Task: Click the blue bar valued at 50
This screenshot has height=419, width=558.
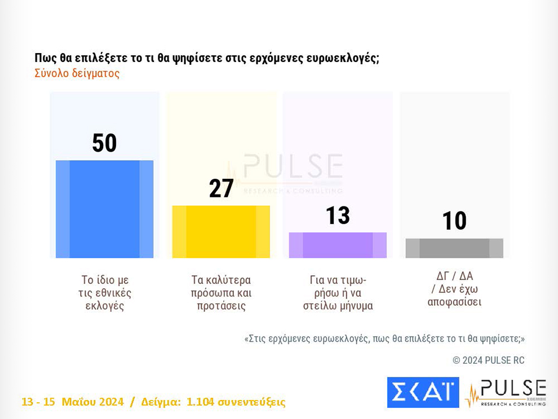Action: pyautogui.click(x=104, y=209)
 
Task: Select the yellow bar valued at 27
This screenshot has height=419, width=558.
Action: pyautogui.click(x=221, y=232)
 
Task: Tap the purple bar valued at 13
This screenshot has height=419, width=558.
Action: pyautogui.click(x=338, y=245)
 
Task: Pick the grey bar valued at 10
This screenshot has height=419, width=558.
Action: pyautogui.click(x=454, y=248)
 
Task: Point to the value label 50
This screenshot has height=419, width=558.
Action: pyautogui.click(x=104, y=143)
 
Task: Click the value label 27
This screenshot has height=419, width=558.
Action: pyautogui.click(x=221, y=189)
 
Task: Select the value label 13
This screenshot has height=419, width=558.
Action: pyautogui.click(x=338, y=215)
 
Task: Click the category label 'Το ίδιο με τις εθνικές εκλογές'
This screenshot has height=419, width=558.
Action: pyautogui.click(x=105, y=293)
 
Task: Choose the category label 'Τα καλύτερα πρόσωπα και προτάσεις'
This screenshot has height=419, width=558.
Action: pyautogui.click(x=221, y=293)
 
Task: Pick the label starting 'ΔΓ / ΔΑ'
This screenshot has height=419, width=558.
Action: pyautogui.click(x=454, y=289)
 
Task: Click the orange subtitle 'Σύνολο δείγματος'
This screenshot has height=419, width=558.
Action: pyautogui.click(x=77, y=74)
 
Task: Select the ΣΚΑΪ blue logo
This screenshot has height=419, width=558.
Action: pyautogui.click(x=423, y=392)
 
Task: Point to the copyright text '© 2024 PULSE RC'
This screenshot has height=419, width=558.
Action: pyautogui.click(x=488, y=360)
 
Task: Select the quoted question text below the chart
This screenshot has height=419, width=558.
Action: pyautogui.click(x=384, y=339)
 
